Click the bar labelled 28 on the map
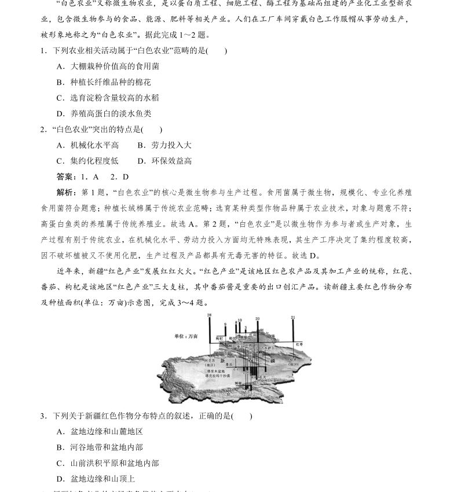tap(209, 329)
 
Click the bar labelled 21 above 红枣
tap(293, 329)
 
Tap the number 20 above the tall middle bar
tap(258, 318)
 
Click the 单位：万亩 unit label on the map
tap(186, 336)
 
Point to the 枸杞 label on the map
tap(219, 338)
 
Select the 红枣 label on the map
tap(299, 344)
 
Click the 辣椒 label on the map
tap(238, 383)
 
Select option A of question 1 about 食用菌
tap(108, 66)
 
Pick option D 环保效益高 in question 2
tap(164, 161)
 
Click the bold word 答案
tap(65, 177)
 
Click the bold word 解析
tap(65, 192)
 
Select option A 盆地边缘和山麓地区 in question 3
tap(100, 431)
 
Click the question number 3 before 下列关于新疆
tap(43, 416)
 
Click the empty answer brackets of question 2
tap(152, 130)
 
